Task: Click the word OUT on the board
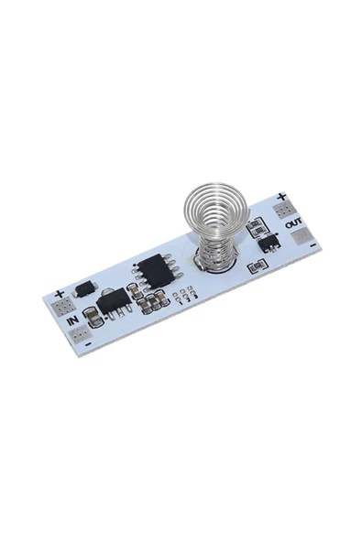click(293, 222)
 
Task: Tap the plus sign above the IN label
click(59, 295)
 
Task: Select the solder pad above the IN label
click(61, 306)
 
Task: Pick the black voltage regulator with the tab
click(109, 300)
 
